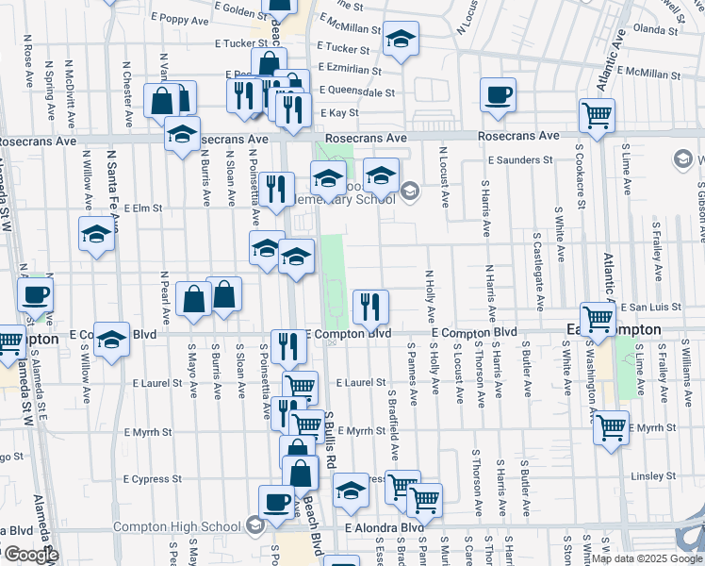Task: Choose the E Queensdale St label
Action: [x=356, y=92]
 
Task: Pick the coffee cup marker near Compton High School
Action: [x=276, y=500]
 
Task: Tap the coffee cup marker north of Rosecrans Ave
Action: [x=498, y=93]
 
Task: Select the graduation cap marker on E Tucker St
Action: [x=402, y=38]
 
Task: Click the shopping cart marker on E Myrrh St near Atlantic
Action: [x=611, y=426]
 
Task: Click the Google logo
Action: [x=30, y=556]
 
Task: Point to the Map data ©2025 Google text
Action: [x=646, y=558]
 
